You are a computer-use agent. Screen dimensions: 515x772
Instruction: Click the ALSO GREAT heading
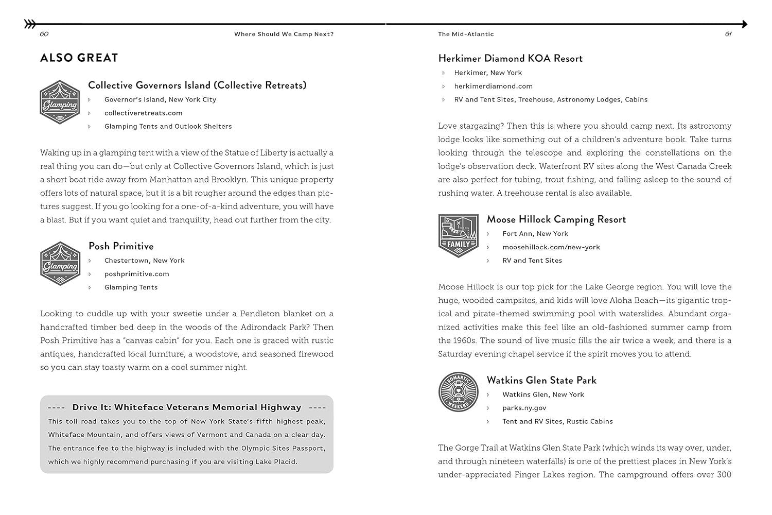[79, 58]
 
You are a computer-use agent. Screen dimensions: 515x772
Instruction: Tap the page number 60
[44, 34]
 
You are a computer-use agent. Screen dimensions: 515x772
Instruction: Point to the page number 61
[728, 34]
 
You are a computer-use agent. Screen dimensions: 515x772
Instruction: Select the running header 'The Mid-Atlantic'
[466, 34]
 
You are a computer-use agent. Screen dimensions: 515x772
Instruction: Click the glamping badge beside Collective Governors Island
[60, 102]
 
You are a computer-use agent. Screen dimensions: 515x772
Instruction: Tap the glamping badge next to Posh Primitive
[60, 263]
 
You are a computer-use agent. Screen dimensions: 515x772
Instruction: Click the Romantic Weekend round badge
[458, 392]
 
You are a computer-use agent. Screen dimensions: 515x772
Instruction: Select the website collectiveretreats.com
[143, 113]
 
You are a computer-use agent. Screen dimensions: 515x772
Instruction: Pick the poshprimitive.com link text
[136, 274]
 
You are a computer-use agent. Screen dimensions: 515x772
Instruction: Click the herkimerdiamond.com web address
[493, 86]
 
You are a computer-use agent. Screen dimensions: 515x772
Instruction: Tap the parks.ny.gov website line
[524, 408]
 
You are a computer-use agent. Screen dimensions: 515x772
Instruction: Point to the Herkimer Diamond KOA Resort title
[510, 58]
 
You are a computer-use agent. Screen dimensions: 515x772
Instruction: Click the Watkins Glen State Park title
[541, 380]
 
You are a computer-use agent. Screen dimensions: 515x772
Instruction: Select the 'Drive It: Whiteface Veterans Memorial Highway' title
[186, 407]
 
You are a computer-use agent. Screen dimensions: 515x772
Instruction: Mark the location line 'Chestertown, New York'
[144, 261]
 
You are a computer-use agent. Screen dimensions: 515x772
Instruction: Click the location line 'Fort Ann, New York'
[535, 234]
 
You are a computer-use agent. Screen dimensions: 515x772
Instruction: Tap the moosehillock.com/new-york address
[551, 247]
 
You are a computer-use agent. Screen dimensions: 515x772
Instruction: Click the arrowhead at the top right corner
[744, 24]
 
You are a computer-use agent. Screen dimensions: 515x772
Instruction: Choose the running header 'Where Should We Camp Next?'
[284, 34]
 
